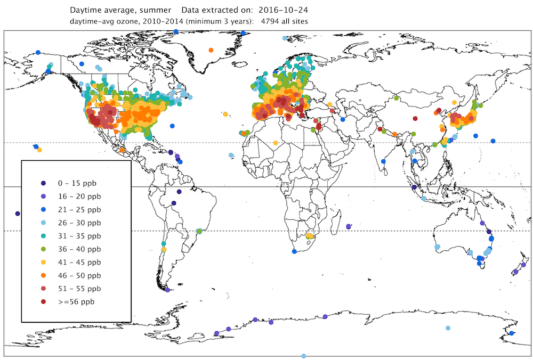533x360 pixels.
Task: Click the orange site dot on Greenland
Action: coord(211,50)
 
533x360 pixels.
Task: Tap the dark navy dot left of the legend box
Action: coord(18,213)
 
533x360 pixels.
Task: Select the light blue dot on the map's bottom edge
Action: coord(303,356)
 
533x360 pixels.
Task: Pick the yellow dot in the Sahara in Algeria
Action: coord(275,143)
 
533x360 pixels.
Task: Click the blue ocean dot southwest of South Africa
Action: coord(294,251)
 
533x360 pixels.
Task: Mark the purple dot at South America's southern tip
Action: coord(167,290)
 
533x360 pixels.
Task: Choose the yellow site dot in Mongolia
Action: coord(454,102)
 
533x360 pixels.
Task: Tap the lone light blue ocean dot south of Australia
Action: coord(448,328)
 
